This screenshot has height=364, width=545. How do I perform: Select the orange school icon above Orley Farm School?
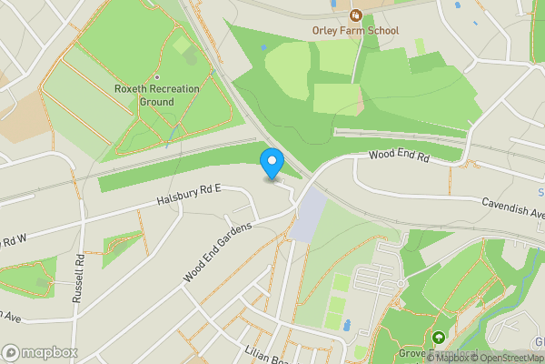[355, 15]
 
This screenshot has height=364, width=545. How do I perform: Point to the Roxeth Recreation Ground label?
[144, 96]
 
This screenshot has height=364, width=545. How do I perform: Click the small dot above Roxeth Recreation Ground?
[156, 77]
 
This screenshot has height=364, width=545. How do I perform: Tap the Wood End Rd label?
[398, 157]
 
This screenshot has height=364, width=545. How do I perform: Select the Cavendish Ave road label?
[511, 208]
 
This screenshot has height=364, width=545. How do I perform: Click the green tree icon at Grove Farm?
[439, 338]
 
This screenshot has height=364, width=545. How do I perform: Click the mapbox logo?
[39, 352]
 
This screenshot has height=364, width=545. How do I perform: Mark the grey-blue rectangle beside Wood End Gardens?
[309, 215]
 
